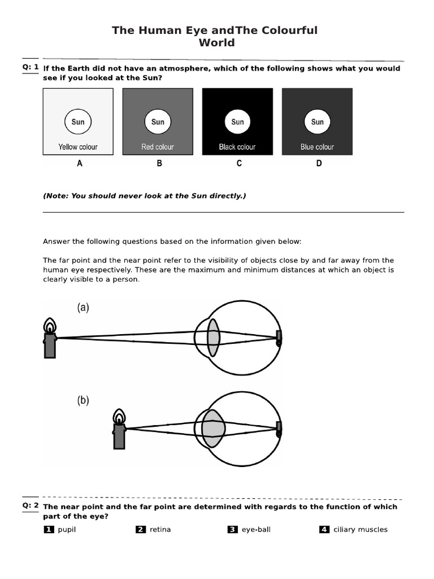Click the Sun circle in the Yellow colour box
tap(78, 122)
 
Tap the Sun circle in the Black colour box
tap(237, 122)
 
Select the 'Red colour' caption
tap(158, 147)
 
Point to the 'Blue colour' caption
tap(317, 147)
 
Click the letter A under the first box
tap(80, 163)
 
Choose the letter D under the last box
tap(319, 163)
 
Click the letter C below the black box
tap(239, 163)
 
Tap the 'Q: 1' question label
tap(31, 67)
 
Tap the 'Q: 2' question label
tap(31, 505)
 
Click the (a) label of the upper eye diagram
tap(83, 308)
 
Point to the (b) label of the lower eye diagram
tap(83, 401)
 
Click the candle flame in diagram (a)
tap(50, 326)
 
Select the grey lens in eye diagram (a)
tap(213, 338)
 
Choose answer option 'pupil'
tap(67, 530)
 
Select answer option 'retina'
tap(160, 530)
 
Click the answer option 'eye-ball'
tap(255, 530)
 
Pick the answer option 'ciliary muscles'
tap(360, 530)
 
